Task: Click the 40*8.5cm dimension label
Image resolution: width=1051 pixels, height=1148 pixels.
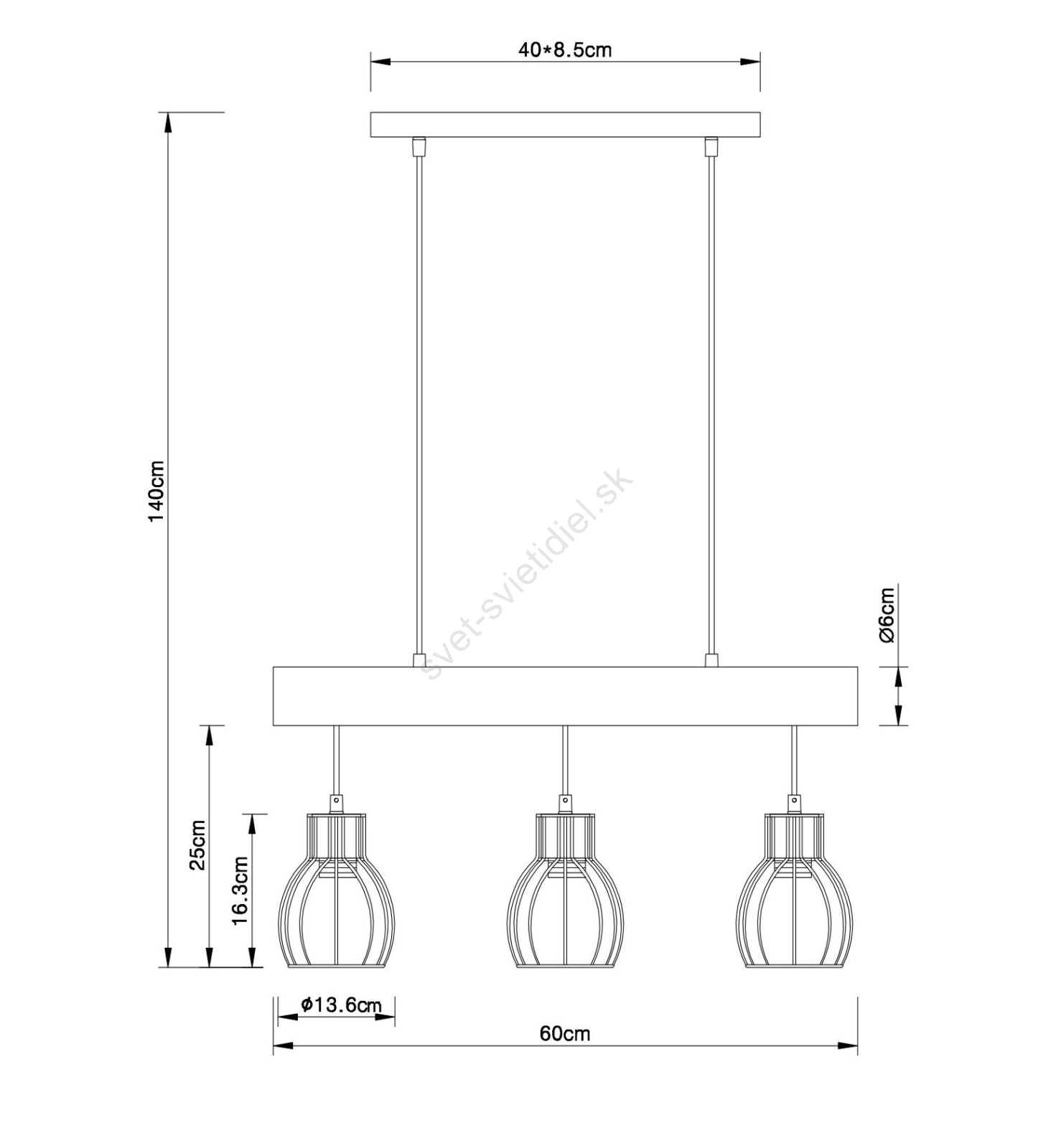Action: click(x=564, y=50)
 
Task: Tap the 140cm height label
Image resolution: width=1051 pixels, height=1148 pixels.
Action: click(x=157, y=491)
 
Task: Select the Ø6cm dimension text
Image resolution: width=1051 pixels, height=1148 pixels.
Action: click(x=887, y=615)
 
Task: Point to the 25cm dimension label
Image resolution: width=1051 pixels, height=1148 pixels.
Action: click(x=197, y=845)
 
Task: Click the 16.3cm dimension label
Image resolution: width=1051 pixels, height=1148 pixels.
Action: click(x=240, y=890)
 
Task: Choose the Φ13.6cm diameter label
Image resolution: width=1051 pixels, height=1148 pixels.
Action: click(x=341, y=1004)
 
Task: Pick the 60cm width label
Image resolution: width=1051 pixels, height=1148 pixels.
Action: click(x=565, y=1033)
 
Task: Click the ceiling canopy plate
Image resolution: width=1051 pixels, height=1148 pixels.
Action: click(x=565, y=124)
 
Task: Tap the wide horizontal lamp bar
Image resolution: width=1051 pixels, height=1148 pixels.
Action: click(x=565, y=696)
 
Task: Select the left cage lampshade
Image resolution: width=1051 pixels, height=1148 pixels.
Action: click(x=336, y=890)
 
